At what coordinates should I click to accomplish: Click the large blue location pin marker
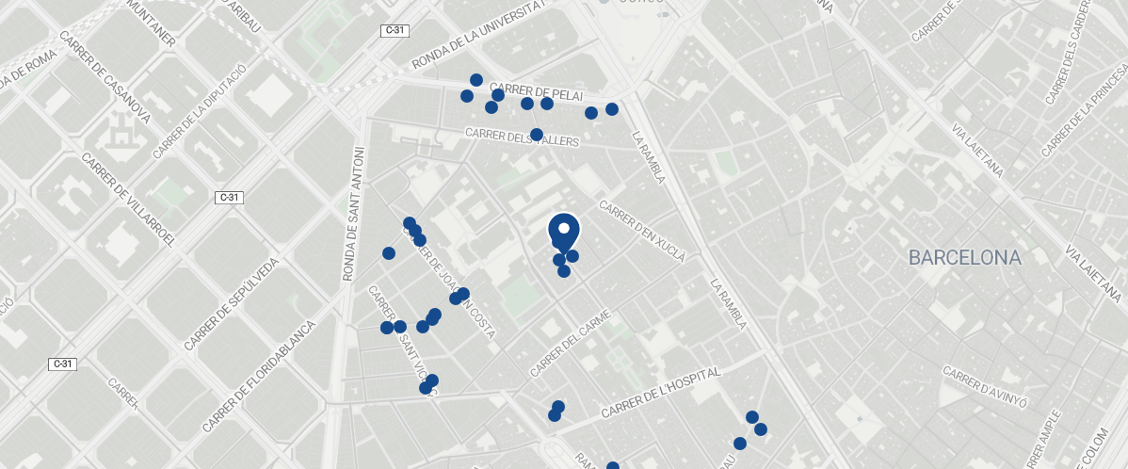point(563,232)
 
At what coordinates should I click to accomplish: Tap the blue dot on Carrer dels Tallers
point(537,135)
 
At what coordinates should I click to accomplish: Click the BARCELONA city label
point(964,257)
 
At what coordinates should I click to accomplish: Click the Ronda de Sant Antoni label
point(352,214)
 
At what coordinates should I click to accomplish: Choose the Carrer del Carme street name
point(572,344)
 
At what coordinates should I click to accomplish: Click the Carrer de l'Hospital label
point(660,394)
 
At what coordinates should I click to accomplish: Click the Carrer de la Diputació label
point(199,110)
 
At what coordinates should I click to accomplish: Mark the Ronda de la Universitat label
point(478,35)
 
